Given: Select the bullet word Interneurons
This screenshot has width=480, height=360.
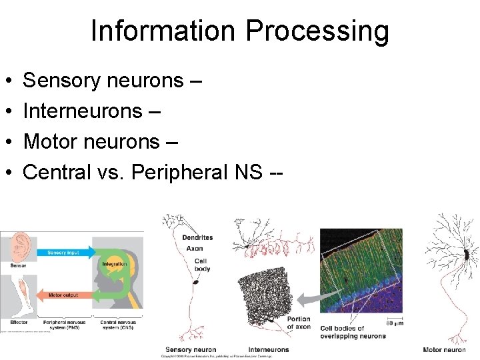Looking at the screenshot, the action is click(x=83, y=111).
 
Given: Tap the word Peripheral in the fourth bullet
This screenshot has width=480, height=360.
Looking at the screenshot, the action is click(x=180, y=172).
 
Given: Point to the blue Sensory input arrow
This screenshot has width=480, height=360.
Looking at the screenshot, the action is click(x=63, y=253).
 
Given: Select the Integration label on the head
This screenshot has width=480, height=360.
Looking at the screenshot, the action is click(x=115, y=265).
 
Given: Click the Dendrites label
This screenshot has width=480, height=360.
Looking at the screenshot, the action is click(x=197, y=237).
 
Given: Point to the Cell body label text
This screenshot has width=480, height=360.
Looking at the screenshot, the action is click(x=202, y=264).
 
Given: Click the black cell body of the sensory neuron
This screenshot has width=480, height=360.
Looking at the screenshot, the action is click(x=195, y=282).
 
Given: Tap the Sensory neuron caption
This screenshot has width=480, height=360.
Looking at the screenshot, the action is click(x=191, y=349).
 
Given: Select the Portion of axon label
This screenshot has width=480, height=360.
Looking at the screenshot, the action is click(x=299, y=323).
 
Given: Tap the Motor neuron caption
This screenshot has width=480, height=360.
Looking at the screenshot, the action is click(x=444, y=349).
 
